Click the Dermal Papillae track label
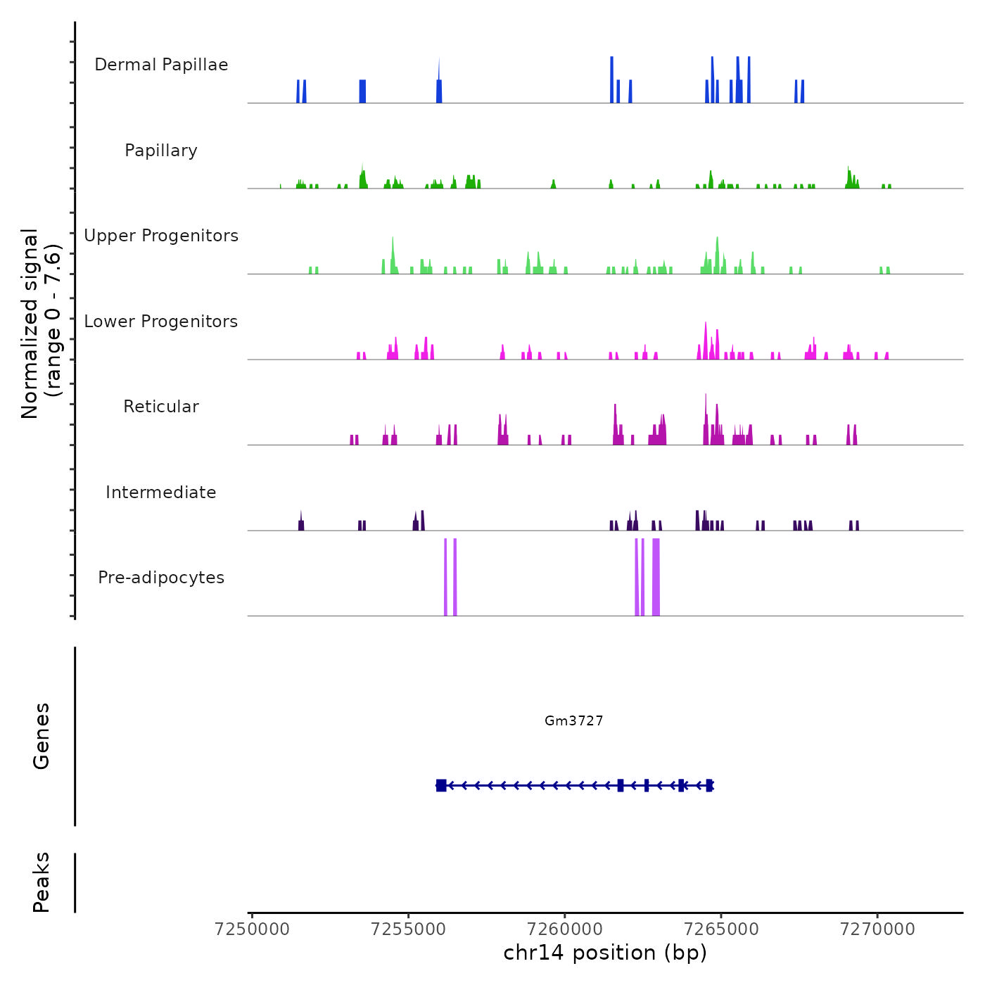[161, 65]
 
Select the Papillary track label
[161, 151]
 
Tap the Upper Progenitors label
[161, 236]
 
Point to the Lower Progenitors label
[161, 322]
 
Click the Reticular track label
[161, 407]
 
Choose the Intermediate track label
[161, 493]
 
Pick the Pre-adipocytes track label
[161, 578]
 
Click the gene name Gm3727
[574, 721]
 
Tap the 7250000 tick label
[253, 929]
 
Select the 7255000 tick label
[409, 929]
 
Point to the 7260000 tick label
[565, 929]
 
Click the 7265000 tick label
[721, 929]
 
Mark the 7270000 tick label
[877, 929]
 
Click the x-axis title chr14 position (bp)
[605, 953]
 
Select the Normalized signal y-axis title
[41, 323]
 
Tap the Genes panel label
[42, 736]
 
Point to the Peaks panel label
[42, 882]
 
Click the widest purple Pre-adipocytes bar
[656, 577]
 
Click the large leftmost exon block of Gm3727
[441, 785]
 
